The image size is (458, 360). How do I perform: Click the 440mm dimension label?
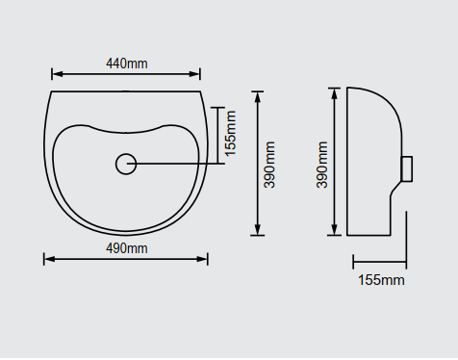coord(127,64)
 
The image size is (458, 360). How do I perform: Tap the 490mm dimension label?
coord(127,248)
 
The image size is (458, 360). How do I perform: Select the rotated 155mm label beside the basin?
coord(230,134)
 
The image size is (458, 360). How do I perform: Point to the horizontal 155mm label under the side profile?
coord(381,280)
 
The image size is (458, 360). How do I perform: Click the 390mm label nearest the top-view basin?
coord(269,165)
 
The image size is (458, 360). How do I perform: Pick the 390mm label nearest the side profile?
coord(322,165)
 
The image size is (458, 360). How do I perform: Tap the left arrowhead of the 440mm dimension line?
coord(57,74)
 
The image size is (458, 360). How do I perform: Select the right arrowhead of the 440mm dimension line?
coord(194,74)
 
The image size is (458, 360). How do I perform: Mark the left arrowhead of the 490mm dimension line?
coord(49,259)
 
